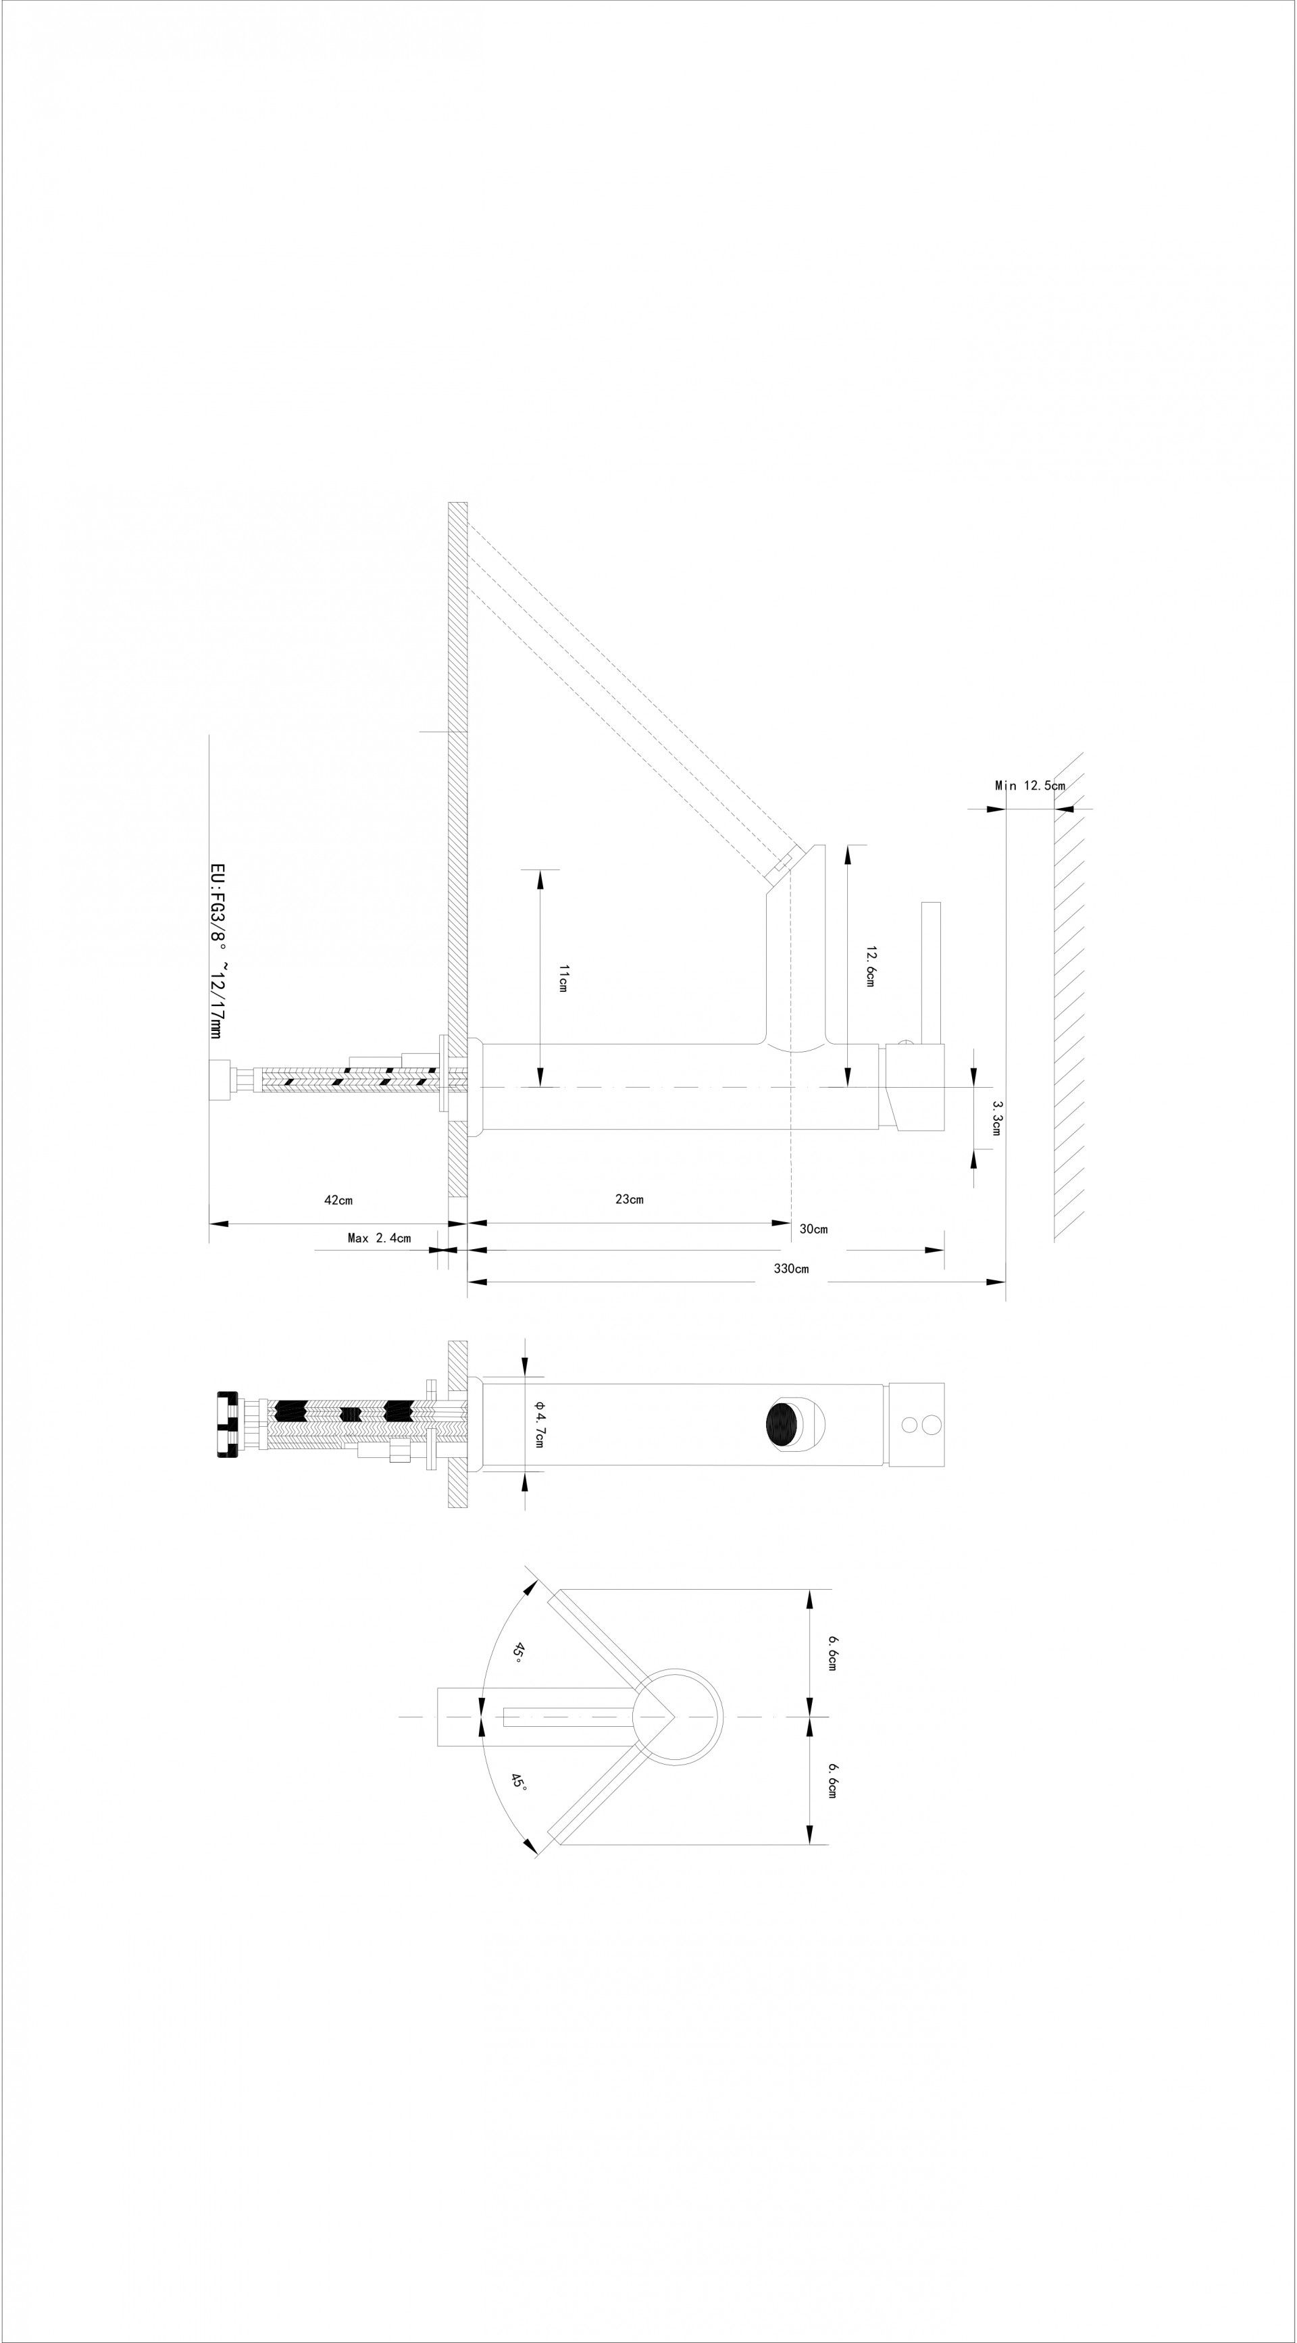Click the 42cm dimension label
pyautogui.click(x=338, y=1200)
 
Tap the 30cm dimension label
pyautogui.click(x=813, y=1229)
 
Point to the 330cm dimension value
pyautogui.click(x=790, y=1269)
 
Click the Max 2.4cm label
pyautogui.click(x=379, y=1238)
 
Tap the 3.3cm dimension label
pyautogui.click(x=997, y=1118)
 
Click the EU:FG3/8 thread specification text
pyautogui.click(x=218, y=951)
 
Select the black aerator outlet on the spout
pyautogui.click(x=785, y=1424)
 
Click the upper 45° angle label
pyautogui.click(x=517, y=1653)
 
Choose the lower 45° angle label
pyautogui.click(x=518, y=1780)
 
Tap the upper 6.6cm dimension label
pyautogui.click(x=832, y=1653)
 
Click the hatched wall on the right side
pyautogui.click(x=1069, y=996)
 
